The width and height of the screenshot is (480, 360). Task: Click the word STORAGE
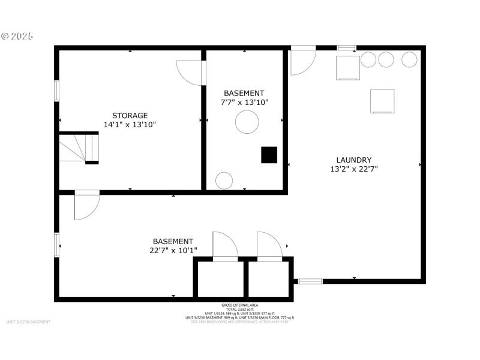coord(130,115)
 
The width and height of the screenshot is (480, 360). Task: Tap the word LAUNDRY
coord(353,160)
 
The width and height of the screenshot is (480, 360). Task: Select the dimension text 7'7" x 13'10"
coord(244,102)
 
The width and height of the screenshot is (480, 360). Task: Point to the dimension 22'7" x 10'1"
coord(173,250)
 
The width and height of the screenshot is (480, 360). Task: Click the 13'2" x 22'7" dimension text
coord(353,169)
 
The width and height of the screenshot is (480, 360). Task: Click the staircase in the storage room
coord(78,148)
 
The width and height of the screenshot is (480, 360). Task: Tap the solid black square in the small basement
coord(269,155)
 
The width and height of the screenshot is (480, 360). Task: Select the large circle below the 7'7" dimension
coord(247,123)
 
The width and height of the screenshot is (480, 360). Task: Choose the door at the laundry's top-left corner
coord(302,62)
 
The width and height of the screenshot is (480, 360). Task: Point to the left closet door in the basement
coord(225,246)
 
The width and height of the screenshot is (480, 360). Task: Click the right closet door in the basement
coord(269,246)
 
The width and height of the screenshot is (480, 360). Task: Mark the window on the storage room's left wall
coord(57,91)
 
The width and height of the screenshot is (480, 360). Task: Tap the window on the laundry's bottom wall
coord(310,281)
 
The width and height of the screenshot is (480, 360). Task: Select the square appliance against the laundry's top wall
coord(347,67)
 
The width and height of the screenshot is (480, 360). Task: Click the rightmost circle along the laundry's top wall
coord(409,60)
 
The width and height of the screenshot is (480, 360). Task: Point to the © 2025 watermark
coord(17,36)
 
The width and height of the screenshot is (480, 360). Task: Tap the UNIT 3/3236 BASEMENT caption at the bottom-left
coord(29,322)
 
